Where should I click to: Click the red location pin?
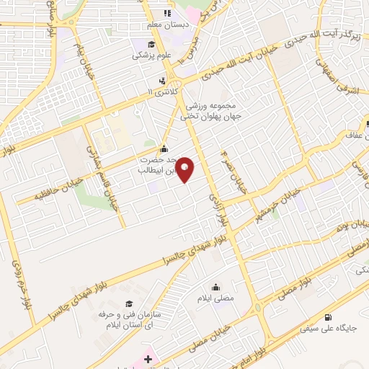coord(185,169)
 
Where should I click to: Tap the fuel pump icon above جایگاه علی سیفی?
coord(329,317)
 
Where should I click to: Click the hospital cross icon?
coord(148,358)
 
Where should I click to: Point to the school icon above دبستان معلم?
coord(167,13)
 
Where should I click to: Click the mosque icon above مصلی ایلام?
coord(215,286)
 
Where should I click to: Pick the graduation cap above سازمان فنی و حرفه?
coord(129,303)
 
